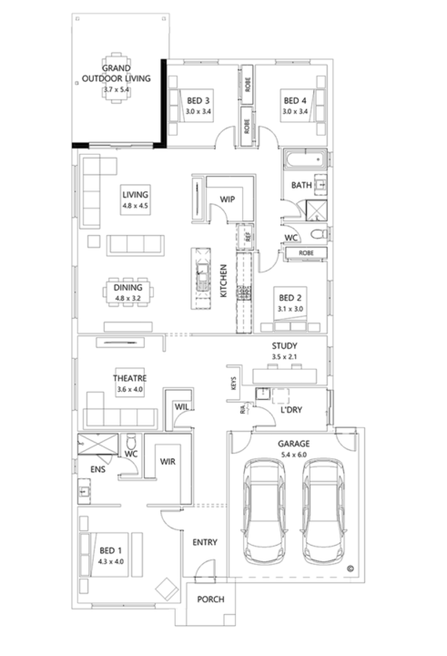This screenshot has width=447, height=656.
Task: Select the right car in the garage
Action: [326, 511]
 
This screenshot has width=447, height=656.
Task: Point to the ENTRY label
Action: [205, 543]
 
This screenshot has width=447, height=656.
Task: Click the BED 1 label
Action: [110, 551]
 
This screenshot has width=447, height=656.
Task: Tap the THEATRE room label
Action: [130, 378]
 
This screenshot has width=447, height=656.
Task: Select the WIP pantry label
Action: [228, 199]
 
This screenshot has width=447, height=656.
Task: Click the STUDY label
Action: [285, 345]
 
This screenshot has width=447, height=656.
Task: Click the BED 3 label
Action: [198, 100]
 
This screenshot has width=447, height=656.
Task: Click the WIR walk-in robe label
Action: [167, 462]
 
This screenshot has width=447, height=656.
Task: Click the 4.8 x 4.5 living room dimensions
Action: [135, 206]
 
